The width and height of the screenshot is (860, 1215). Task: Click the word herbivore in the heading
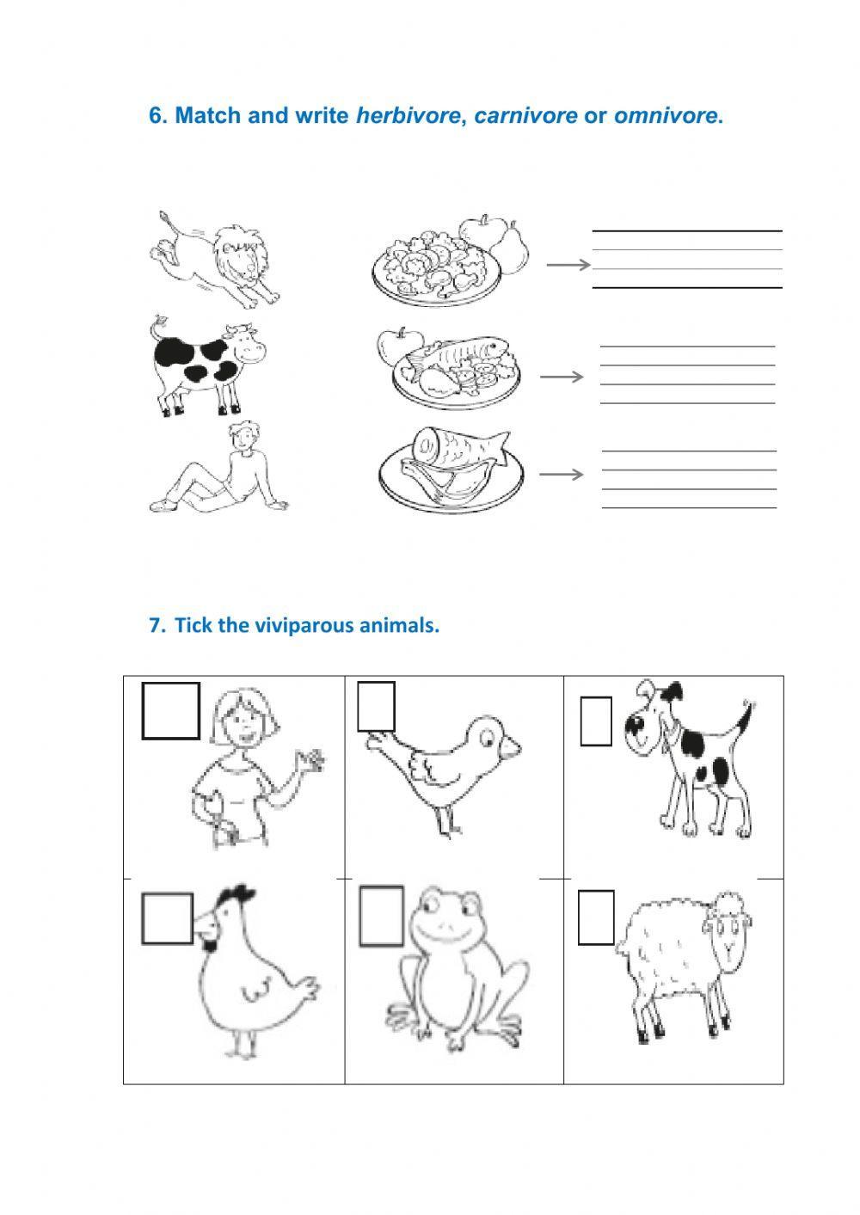click(x=408, y=115)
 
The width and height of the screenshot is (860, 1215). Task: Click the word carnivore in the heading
click(x=525, y=115)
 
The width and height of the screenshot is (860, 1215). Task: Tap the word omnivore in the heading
click(x=666, y=115)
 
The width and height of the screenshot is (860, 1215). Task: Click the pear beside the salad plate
click(x=511, y=249)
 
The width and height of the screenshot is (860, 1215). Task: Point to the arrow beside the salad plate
click(x=568, y=265)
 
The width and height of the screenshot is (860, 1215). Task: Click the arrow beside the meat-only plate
click(x=561, y=475)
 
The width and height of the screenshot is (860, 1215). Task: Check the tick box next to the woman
click(x=171, y=710)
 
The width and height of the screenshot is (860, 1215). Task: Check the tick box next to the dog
click(x=596, y=721)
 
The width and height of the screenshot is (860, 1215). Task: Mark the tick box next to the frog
click(x=382, y=916)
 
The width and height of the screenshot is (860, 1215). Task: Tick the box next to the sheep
click(x=596, y=917)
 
